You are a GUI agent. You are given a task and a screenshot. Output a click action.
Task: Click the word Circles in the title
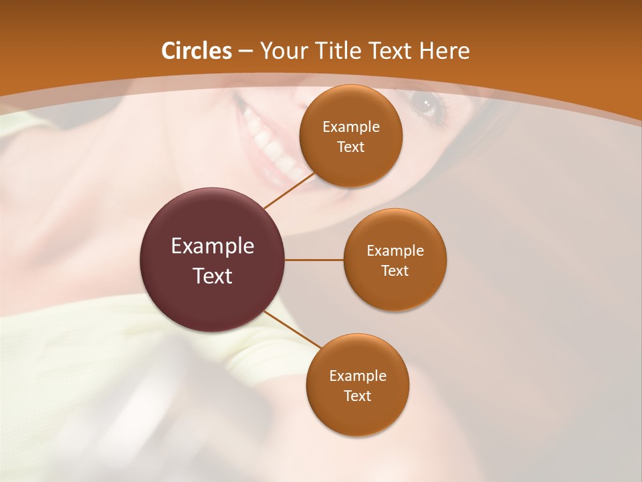coord(197,51)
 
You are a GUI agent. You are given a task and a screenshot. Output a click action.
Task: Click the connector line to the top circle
coord(290,189)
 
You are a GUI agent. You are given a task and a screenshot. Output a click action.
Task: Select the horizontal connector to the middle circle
coord(314,260)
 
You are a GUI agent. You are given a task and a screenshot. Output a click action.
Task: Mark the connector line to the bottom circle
coord(294,330)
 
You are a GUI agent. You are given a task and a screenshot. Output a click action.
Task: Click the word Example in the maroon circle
coord(213,246)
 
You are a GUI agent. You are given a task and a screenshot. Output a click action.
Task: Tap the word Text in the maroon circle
coord(213,276)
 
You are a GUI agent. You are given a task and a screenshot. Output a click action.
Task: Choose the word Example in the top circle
coord(351,127)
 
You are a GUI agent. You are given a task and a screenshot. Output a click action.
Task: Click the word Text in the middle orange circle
coord(395,271)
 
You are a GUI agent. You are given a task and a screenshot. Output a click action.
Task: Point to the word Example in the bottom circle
coord(358,376)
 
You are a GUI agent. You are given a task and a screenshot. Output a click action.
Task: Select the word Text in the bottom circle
coord(357,396)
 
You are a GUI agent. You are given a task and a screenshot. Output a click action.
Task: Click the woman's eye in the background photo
coord(426,104)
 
